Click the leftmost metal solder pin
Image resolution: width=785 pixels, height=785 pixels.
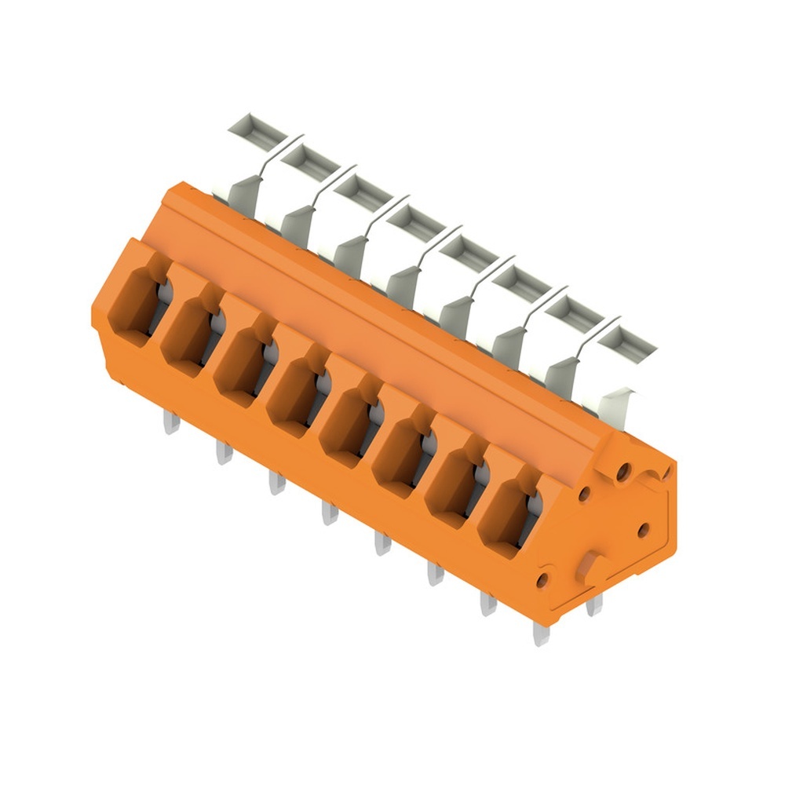(171, 424)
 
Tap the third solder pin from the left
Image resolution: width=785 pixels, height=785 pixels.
(276, 480)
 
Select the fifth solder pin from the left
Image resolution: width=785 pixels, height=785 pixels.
(382, 542)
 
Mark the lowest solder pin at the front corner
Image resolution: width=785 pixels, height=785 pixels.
(541, 633)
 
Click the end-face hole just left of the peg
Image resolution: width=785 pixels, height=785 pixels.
(542, 581)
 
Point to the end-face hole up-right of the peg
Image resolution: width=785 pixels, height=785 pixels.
(643, 530)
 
